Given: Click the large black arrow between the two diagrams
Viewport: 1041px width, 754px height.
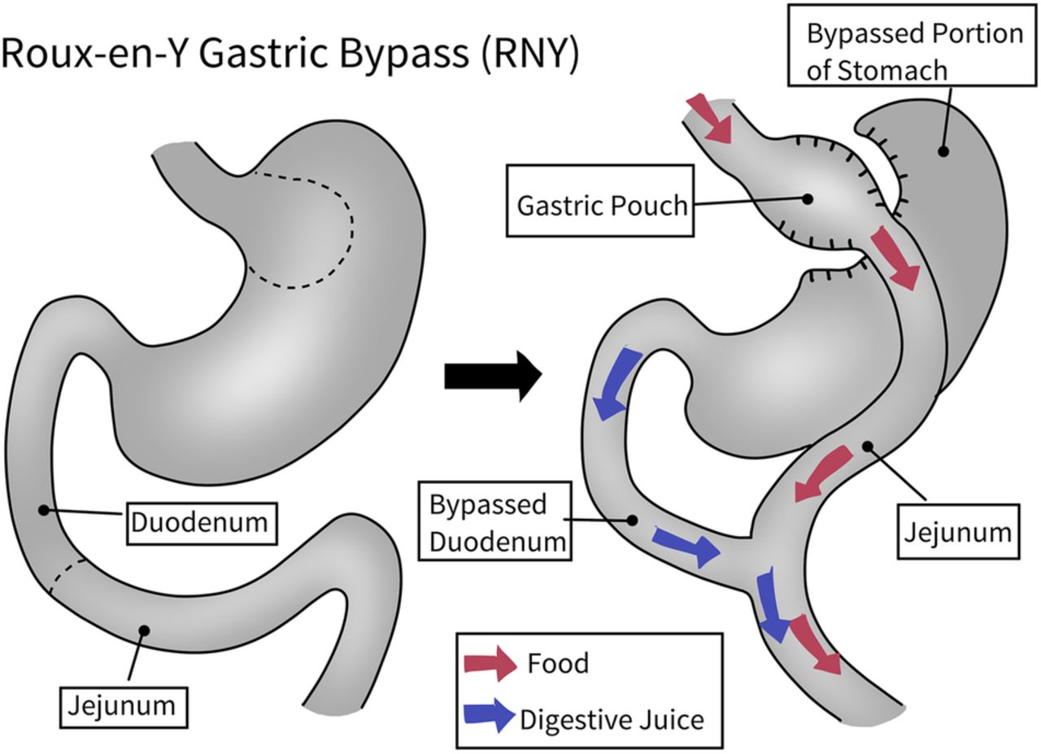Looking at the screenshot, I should (x=493, y=377).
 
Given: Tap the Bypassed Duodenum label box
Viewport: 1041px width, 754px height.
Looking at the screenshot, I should (x=494, y=523).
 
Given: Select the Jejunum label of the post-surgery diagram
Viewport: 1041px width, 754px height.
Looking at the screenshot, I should (x=958, y=532).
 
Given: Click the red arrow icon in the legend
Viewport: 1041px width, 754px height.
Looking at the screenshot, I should (x=489, y=664).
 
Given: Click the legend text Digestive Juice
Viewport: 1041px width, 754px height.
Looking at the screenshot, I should (x=612, y=719).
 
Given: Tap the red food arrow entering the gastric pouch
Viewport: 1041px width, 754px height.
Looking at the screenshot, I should (x=709, y=118).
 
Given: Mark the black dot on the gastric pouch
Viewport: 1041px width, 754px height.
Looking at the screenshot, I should (x=808, y=198).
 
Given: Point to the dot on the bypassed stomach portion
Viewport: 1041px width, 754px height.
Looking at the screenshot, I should (x=943, y=151).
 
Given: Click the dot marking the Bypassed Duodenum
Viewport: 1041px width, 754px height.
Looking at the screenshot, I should (x=633, y=518).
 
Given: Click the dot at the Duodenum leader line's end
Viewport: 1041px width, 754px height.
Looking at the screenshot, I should (x=42, y=510).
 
